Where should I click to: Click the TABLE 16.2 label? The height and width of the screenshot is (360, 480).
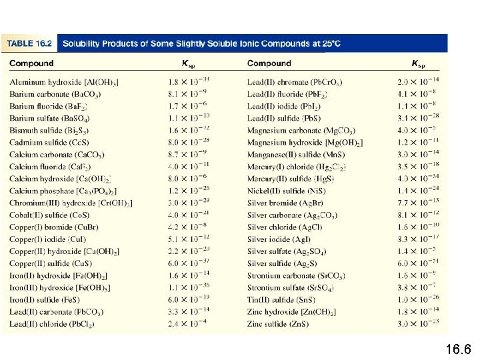(x=29, y=43)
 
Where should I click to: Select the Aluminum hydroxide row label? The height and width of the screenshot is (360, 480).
(x=65, y=82)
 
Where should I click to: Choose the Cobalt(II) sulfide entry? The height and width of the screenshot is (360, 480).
(x=49, y=215)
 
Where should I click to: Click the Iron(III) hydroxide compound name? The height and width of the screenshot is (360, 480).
(x=60, y=287)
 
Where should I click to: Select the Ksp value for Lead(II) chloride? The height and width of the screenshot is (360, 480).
(x=188, y=324)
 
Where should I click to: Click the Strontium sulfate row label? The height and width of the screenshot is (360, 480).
(x=291, y=287)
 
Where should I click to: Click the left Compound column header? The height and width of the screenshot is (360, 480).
(x=31, y=64)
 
